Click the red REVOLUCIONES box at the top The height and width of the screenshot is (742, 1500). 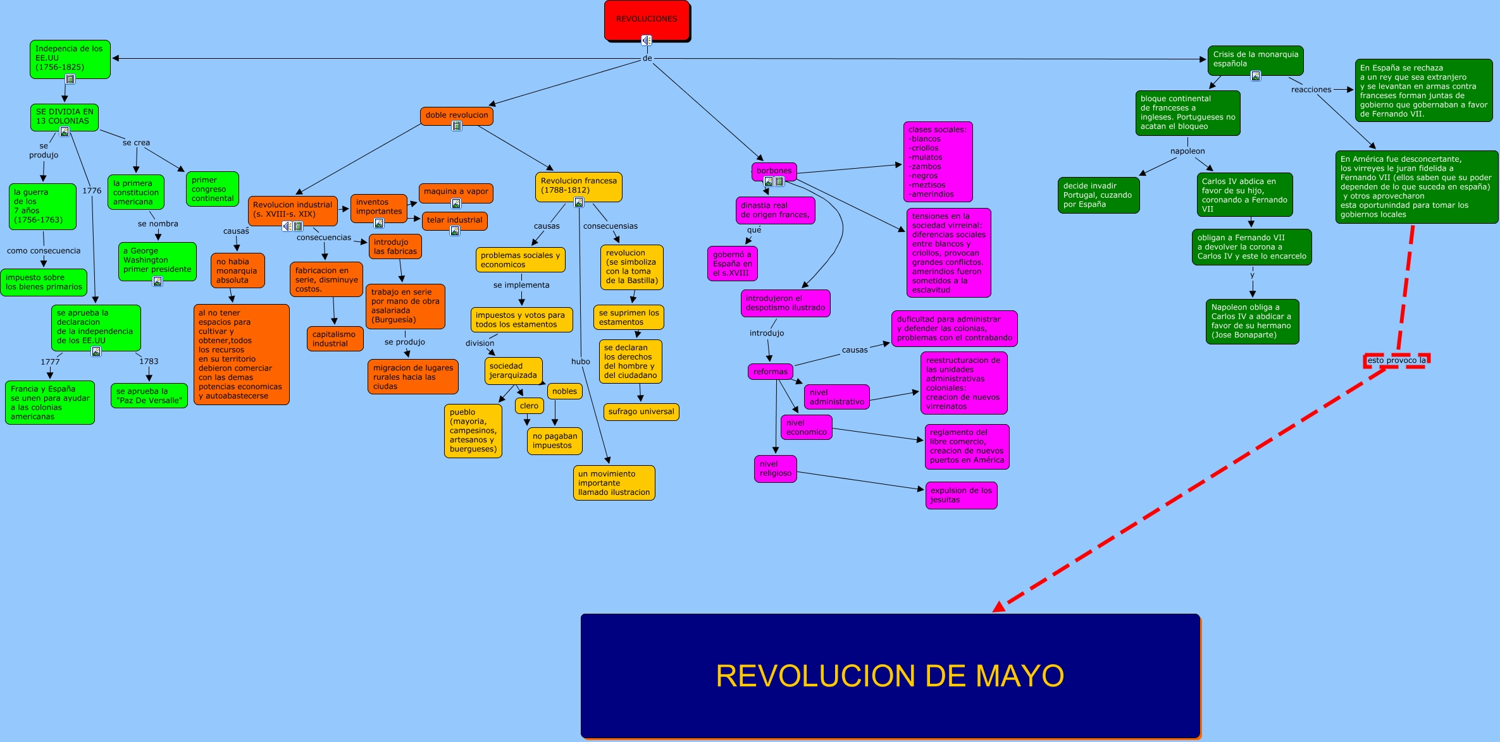(647, 20)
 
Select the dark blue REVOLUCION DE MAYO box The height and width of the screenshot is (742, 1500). (889, 675)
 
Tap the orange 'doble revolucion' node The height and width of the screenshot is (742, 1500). (456, 115)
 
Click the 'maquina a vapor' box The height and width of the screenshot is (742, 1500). (456, 192)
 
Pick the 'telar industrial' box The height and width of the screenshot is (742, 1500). (454, 220)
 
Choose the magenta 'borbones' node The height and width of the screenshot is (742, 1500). (774, 171)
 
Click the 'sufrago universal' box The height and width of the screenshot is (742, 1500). (641, 411)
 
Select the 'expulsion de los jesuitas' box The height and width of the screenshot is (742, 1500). (960, 495)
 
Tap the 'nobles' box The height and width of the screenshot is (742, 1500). (564, 391)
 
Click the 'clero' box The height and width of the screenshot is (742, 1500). (529, 406)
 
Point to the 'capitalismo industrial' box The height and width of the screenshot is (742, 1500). (335, 339)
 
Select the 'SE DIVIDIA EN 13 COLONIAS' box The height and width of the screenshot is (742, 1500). (65, 116)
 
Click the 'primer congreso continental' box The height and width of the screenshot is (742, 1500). (213, 189)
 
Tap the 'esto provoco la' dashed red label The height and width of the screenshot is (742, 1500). (1396, 360)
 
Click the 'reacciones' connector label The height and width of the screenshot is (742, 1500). (1311, 90)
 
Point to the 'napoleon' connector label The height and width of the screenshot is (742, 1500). (1187, 151)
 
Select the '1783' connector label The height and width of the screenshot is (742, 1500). (149, 362)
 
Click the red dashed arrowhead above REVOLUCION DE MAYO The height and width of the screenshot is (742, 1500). (999, 607)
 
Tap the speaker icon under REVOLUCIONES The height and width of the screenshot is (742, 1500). (646, 40)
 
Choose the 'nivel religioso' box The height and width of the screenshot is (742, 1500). (775, 468)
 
